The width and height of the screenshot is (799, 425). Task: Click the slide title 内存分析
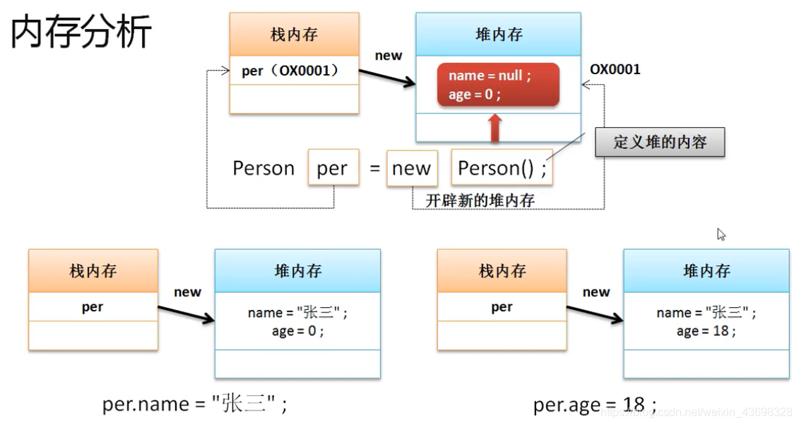tap(81, 32)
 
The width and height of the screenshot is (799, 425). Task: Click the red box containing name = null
tap(498, 85)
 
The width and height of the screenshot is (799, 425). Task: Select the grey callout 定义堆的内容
tap(660, 143)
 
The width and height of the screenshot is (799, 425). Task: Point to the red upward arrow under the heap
tap(495, 129)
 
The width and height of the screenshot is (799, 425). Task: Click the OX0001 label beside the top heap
tap(615, 69)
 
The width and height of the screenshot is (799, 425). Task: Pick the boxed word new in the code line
tap(411, 168)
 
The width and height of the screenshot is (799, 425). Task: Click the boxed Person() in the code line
tap(502, 168)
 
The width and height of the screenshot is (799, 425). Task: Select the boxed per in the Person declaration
tap(333, 168)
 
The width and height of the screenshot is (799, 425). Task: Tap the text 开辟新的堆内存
tap(480, 200)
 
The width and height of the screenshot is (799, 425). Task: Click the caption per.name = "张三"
tap(195, 404)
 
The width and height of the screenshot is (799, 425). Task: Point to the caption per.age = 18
tap(595, 405)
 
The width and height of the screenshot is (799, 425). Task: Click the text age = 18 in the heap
tap(706, 331)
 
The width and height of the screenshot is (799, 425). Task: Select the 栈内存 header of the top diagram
tap(294, 35)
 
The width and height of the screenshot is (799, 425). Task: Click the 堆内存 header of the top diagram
tap(498, 35)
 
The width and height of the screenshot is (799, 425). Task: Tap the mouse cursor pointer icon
tap(721, 234)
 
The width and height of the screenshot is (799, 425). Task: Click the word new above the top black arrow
tap(388, 56)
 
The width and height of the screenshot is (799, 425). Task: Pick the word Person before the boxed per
tap(264, 168)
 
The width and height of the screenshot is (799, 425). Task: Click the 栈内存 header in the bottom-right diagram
tap(502, 271)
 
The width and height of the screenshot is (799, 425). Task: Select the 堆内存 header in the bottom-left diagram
tap(297, 271)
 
